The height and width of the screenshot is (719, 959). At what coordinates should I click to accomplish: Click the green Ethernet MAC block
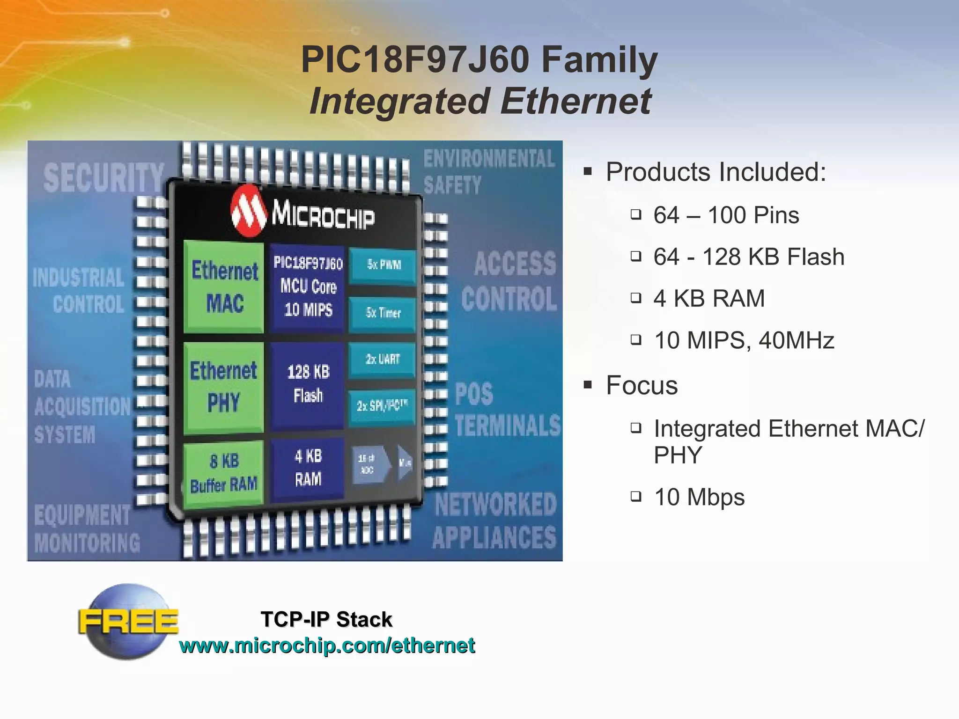click(x=224, y=286)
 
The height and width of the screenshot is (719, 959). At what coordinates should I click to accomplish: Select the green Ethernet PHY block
click(x=223, y=387)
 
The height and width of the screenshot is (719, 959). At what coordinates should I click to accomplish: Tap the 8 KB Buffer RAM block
click(x=223, y=474)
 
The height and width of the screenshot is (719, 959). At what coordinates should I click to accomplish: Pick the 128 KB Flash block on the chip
click(x=308, y=384)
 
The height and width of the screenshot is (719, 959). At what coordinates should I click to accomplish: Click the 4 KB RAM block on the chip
click(x=308, y=468)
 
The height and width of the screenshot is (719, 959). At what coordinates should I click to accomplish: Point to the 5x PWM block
click(x=383, y=265)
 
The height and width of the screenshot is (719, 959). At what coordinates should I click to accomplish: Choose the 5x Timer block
click(x=383, y=313)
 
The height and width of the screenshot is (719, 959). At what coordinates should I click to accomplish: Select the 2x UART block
click(x=382, y=359)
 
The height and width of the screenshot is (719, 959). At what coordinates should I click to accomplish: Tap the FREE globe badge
click(x=128, y=622)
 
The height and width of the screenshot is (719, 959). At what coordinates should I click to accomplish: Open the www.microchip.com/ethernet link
click(x=327, y=646)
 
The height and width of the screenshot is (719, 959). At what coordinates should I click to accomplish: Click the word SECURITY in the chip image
click(x=103, y=178)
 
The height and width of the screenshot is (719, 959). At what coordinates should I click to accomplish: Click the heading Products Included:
click(x=716, y=172)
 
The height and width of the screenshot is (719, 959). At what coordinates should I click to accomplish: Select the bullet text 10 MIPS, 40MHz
click(x=744, y=340)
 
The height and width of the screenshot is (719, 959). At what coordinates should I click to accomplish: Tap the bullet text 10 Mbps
click(x=699, y=497)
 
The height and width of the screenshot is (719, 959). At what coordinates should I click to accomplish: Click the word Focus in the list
click(x=642, y=385)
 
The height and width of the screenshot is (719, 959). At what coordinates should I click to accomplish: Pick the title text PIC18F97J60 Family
click(x=479, y=60)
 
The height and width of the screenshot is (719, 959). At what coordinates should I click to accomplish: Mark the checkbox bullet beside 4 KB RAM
click(x=635, y=298)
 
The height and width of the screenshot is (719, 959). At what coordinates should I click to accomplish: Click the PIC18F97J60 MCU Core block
click(x=308, y=286)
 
